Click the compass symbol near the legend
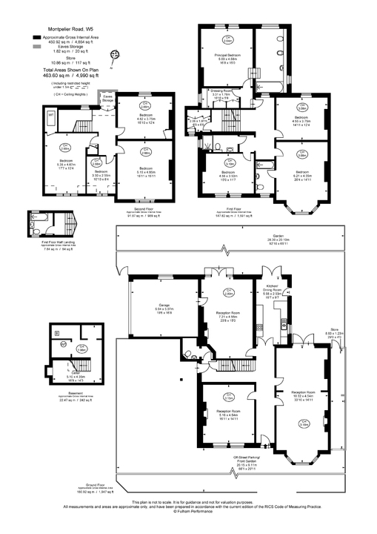[114, 55]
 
